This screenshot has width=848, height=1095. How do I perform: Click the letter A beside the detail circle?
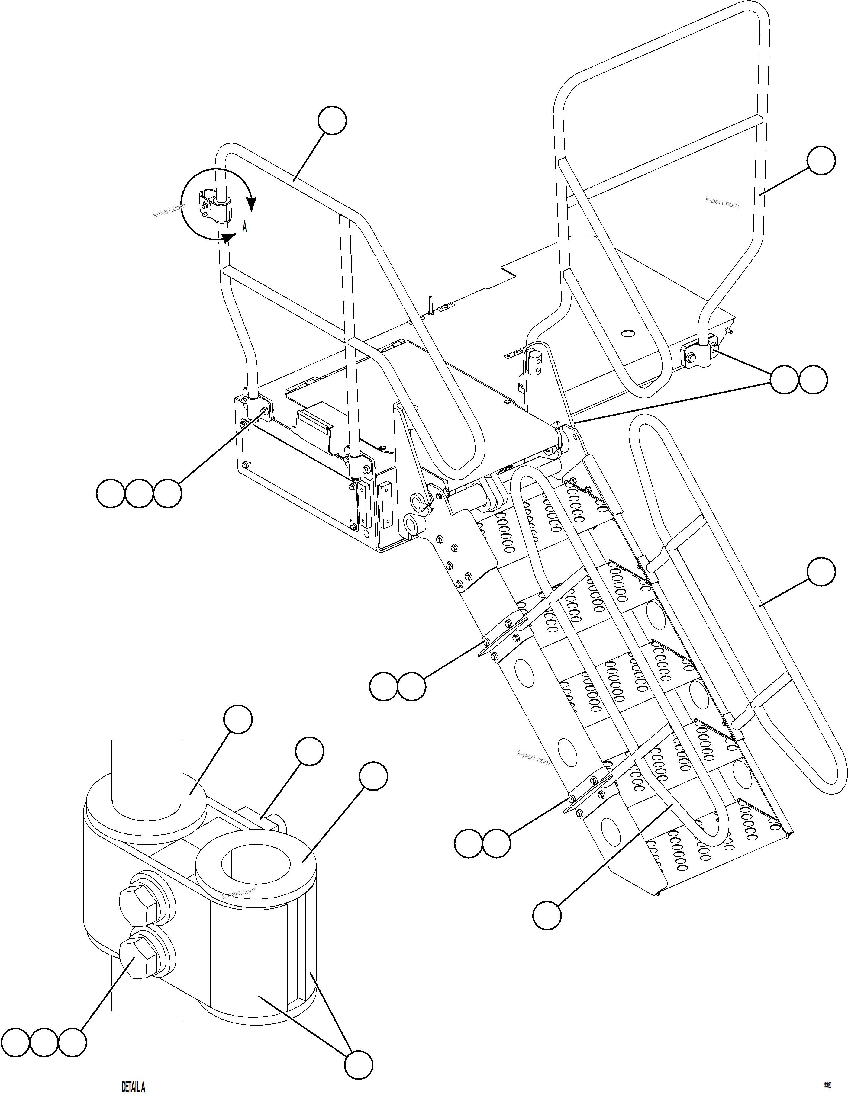[x=245, y=227]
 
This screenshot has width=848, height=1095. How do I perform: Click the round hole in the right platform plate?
[x=627, y=332]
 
